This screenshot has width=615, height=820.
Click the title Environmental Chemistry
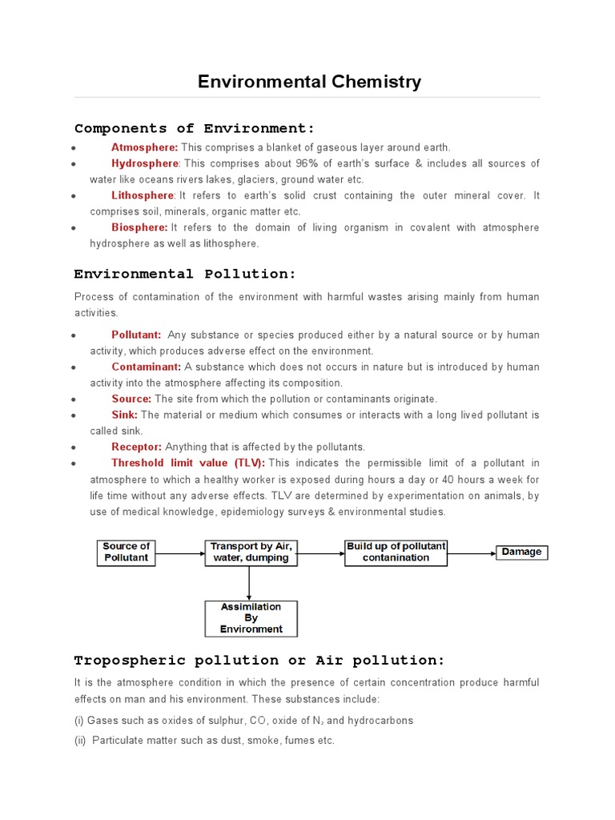(309, 82)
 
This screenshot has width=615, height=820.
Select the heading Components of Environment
(195, 128)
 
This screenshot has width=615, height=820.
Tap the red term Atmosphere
(144, 147)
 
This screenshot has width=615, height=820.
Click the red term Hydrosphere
(145, 163)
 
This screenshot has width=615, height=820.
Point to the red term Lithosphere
(143, 195)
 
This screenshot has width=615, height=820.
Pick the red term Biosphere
(139, 227)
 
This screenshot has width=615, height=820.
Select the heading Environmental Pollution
(185, 274)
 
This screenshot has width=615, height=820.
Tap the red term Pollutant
(136, 335)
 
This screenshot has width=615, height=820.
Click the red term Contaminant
(147, 367)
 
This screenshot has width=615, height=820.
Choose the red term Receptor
(136, 447)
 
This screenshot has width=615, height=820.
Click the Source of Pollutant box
(126, 553)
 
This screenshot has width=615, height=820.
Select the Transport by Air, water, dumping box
(251, 553)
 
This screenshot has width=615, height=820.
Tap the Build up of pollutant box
(396, 553)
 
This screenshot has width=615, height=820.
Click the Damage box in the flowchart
(521, 552)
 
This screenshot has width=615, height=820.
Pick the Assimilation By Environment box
(251, 618)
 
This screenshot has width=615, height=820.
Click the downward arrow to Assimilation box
(251, 583)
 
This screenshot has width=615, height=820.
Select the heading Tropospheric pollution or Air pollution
(259, 661)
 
